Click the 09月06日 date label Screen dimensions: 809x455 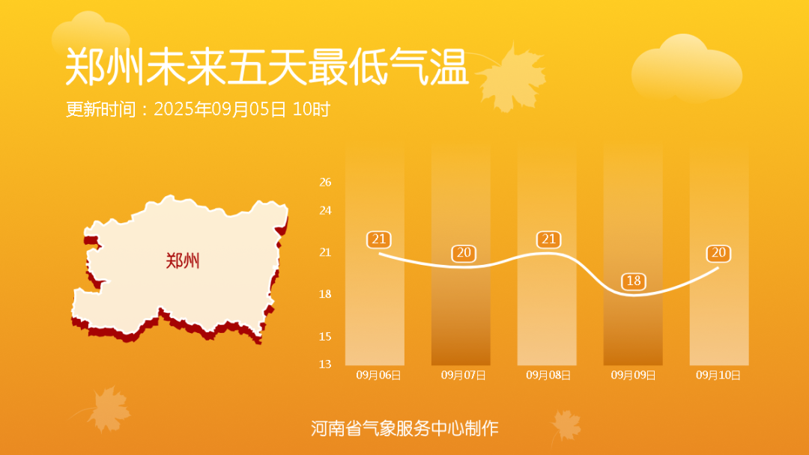pyautogui.click(x=378, y=375)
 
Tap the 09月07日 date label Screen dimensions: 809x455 pyautogui.click(x=464, y=375)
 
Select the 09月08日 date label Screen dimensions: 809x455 pyautogui.click(x=548, y=375)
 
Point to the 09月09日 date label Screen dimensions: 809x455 pyautogui.click(x=633, y=375)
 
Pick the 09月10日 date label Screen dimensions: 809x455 pyautogui.click(x=718, y=375)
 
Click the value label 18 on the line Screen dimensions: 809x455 pyautogui.click(x=634, y=281)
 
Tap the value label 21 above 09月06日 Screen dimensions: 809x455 pyautogui.click(x=379, y=239)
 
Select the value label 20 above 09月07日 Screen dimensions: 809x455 pyautogui.click(x=464, y=253)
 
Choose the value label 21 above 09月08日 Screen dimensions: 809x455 pyautogui.click(x=548, y=239)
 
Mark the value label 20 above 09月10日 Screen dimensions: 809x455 pyautogui.click(x=718, y=253)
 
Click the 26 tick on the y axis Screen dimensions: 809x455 pyautogui.click(x=325, y=182)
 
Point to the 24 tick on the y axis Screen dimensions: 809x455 pyautogui.click(x=325, y=210)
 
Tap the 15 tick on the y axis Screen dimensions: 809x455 pyautogui.click(x=325, y=337)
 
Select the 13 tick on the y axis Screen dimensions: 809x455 pyautogui.click(x=325, y=364)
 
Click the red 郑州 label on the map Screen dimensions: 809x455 pyautogui.click(x=183, y=260)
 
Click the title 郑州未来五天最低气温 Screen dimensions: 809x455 pyautogui.click(x=267, y=67)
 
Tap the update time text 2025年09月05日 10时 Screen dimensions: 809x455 pyautogui.click(x=241, y=109)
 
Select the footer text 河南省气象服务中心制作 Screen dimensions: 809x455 pyautogui.click(x=404, y=428)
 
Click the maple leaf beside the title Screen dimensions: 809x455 pyautogui.click(x=512, y=77)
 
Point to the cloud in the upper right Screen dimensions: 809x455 pyautogui.click(x=686, y=68)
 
